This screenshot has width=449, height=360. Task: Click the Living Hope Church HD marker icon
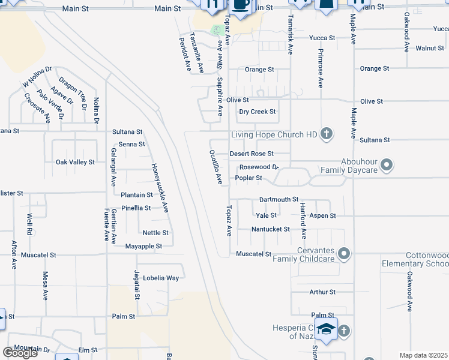coord(326,134)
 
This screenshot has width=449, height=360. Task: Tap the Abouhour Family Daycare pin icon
coord(387,164)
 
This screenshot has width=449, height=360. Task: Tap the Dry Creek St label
coord(257,112)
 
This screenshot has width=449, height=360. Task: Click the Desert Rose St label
coord(252,154)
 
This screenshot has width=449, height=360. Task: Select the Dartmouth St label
coord(279,199)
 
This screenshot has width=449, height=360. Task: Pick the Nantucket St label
coord(270,229)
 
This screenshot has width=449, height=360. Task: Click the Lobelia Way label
coord(164,278)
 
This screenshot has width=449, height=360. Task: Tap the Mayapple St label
coord(143,246)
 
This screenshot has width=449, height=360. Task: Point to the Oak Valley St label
coord(75,162)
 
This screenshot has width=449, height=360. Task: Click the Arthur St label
coord(322,292)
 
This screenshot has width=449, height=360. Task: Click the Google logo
coord(20,352)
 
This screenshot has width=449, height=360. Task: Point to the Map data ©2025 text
coord(424,355)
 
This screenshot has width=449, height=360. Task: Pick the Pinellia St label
coord(136,208)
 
